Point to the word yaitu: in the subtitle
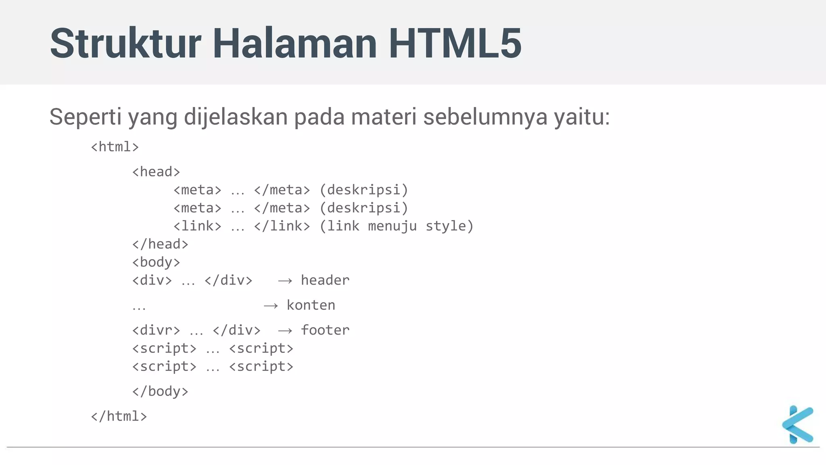582,117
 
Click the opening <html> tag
115,147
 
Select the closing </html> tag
119,416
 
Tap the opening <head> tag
156,172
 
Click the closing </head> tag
160,244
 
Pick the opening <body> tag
156,262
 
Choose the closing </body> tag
160,391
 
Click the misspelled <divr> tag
156,330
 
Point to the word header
325,280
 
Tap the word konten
311,305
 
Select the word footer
325,330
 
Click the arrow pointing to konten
271,306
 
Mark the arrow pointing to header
285,281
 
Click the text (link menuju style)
396,226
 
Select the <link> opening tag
197,226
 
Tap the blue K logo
797,425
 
